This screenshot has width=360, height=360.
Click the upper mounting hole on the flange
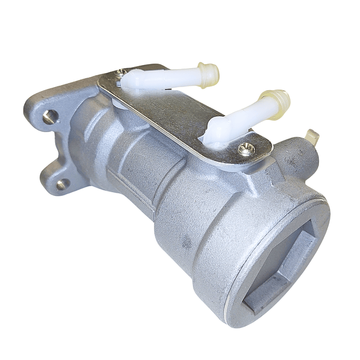pos(50,117)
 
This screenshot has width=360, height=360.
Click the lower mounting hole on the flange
pos(62,184)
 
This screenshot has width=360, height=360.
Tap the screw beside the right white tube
pos(245,148)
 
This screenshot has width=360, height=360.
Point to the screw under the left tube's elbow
pos(120,74)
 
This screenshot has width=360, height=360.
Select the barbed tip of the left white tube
pos(209,75)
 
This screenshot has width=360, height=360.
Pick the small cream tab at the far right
pos(311,136)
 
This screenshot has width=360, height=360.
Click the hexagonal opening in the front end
pos(278,263)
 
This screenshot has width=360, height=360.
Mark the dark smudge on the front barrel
pos(187,244)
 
